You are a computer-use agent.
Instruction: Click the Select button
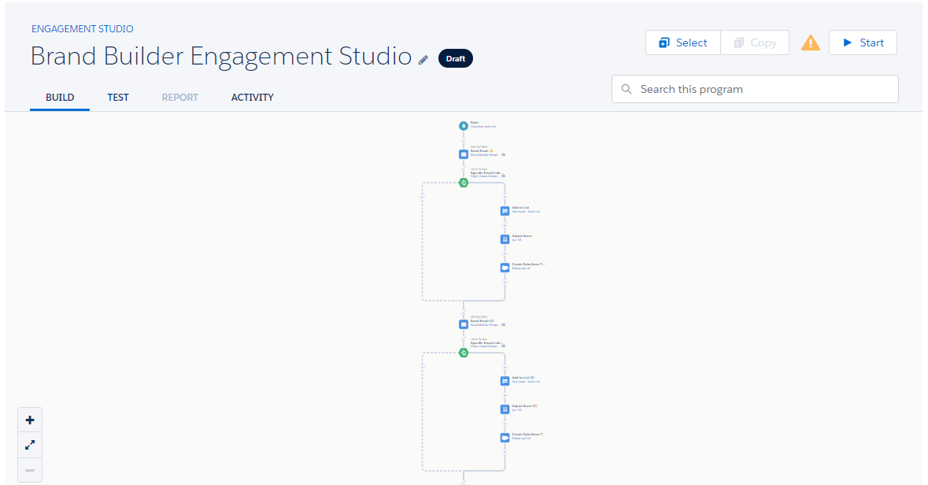click(x=682, y=43)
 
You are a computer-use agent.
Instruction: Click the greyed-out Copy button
click(x=754, y=43)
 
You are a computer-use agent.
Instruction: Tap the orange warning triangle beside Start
click(x=810, y=43)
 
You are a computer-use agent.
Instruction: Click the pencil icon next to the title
click(x=423, y=59)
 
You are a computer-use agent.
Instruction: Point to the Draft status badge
click(x=455, y=58)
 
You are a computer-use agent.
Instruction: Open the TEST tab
click(x=118, y=98)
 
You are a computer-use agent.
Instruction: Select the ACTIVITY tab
click(x=252, y=98)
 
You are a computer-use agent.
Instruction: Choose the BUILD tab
click(x=60, y=98)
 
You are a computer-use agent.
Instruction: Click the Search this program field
click(x=755, y=89)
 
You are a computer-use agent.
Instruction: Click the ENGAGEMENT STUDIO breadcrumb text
click(x=82, y=29)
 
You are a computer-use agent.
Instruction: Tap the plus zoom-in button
click(x=30, y=420)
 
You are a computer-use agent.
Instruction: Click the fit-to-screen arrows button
click(x=30, y=445)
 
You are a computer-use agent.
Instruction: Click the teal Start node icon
click(x=464, y=126)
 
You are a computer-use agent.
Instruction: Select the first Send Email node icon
click(x=464, y=154)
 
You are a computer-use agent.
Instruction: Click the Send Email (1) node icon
click(x=464, y=324)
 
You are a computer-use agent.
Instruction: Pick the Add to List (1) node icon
click(x=505, y=381)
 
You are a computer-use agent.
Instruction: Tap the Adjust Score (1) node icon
click(x=505, y=409)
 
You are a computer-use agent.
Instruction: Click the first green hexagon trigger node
click(x=464, y=183)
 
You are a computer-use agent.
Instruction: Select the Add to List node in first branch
click(x=505, y=211)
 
